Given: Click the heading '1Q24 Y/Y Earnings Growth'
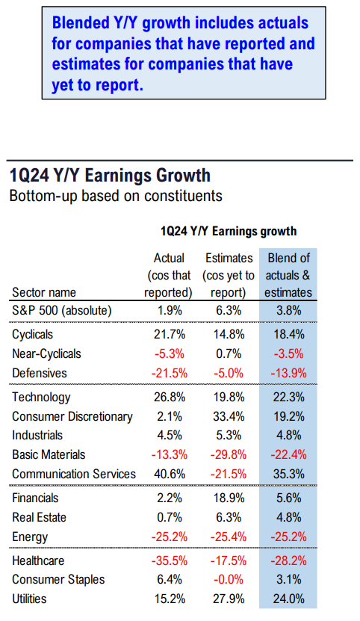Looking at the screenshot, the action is point(110,176).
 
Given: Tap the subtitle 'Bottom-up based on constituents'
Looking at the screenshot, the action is point(116,196).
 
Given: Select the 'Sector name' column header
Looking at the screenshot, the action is point(44,292).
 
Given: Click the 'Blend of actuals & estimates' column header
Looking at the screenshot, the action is point(288,275).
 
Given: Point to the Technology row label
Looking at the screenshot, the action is point(41,398).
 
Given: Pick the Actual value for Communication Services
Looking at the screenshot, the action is point(170,474).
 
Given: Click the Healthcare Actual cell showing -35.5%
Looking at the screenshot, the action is point(170,560).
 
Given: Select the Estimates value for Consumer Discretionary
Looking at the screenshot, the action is point(229,417).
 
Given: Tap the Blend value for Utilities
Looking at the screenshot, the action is point(289,599).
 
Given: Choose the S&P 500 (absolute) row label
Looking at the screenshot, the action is point(62,311).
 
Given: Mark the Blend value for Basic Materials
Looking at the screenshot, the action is point(289,454).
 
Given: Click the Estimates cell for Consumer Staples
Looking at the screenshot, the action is point(229,579).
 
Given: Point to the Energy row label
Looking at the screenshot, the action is point(30,537).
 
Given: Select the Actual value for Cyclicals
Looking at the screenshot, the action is point(170,334).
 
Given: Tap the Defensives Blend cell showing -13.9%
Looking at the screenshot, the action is point(289,373).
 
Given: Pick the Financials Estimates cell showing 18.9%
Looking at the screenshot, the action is point(229,498).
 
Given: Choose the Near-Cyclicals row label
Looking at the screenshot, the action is point(47,353).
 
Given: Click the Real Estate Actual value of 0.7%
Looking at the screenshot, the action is point(170,517).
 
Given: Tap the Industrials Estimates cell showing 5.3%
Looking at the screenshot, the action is point(229,435).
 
